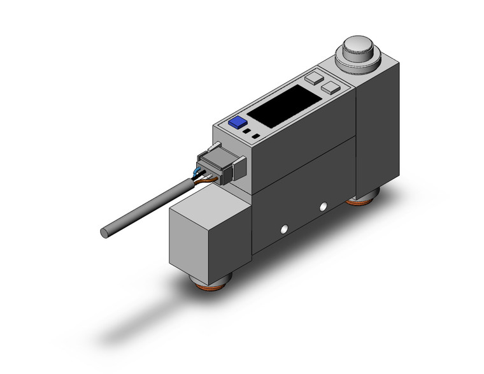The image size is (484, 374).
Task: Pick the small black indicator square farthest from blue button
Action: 255,136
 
